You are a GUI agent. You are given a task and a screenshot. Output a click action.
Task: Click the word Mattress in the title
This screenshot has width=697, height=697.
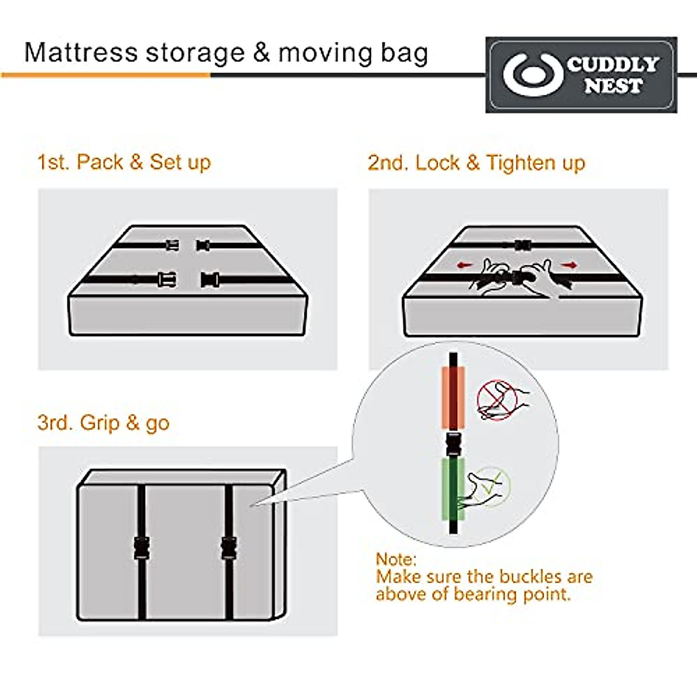point(80,52)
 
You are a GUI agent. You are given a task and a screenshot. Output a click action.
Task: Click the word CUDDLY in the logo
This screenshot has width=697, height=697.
point(613,64)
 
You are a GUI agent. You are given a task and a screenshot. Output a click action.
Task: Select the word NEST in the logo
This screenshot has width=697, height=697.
point(613,86)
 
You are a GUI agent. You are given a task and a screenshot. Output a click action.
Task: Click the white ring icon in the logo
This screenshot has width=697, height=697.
point(533,75)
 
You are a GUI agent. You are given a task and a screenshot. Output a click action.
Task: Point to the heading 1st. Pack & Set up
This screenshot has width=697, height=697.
point(124,162)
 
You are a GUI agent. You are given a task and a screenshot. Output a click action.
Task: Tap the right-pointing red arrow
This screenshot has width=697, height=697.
point(570,265)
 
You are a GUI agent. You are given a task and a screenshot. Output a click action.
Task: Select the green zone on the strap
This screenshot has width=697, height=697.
point(453,488)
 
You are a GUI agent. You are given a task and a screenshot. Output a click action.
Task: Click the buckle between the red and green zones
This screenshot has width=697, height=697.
point(453,444)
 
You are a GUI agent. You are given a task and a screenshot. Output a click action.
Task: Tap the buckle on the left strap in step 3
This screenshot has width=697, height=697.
point(142,548)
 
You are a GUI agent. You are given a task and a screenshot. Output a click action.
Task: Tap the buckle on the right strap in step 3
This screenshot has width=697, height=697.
point(229,548)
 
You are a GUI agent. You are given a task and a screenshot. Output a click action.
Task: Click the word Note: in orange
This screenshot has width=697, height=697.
point(396,559)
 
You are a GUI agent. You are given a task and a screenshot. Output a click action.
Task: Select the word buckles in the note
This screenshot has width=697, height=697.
point(516,577)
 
